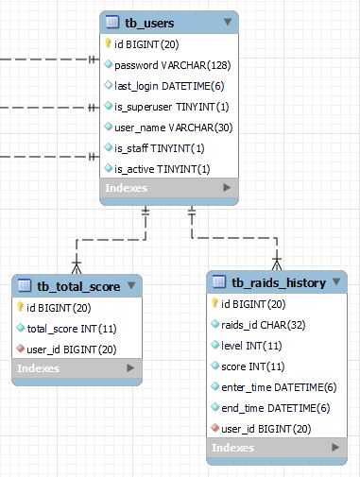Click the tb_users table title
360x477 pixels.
(149, 23)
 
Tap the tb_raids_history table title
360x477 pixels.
(279, 282)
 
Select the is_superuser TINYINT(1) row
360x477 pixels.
(171, 107)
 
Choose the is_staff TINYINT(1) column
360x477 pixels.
(159, 148)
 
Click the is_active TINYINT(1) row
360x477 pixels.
(162, 169)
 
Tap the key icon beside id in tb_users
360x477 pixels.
(109, 44)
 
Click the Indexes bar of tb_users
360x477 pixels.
(168, 189)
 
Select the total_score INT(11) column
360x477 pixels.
(71, 328)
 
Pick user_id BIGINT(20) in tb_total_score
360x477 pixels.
(71, 349)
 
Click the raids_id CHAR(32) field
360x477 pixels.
(264, 324)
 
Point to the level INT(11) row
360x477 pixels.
(251, 345)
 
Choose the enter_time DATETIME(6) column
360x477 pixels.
(278, 386)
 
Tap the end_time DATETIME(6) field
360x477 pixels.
(275, 407)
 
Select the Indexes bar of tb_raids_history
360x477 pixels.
(275, 448)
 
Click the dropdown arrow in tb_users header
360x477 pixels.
(227, 22)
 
